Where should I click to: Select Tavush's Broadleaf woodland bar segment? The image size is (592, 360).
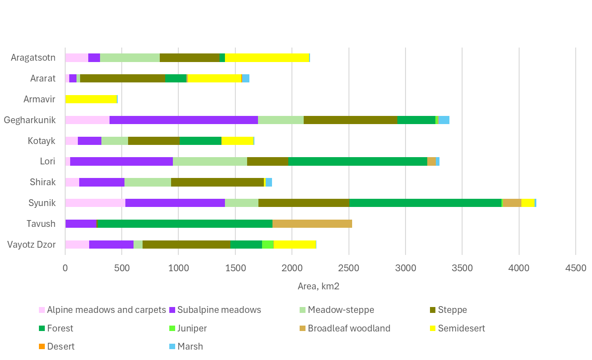pos(312,224)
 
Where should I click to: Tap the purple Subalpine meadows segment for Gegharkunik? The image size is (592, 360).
pos(183,120)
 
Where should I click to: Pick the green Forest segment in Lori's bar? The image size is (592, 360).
pos(358,162)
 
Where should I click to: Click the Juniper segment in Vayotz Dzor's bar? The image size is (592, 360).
pos(268,245)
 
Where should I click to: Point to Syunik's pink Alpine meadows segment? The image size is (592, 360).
pos(95,203)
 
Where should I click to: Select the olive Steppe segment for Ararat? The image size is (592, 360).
pos(123,78)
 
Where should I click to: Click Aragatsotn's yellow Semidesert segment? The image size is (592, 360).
pos(267,58)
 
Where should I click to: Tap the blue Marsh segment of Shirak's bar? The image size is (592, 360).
pos(269,182)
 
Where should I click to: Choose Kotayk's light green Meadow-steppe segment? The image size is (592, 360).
pos(115,141)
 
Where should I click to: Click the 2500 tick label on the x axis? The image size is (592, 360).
pos(349,268)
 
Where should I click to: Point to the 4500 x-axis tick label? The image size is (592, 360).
pos(575,268)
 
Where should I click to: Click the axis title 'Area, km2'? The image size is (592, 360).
pos(319,286)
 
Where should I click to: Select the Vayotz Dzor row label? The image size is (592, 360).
pos(31,245)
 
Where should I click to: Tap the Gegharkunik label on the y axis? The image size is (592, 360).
pos(29,120)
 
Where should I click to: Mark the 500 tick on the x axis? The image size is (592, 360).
pos(122,268)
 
